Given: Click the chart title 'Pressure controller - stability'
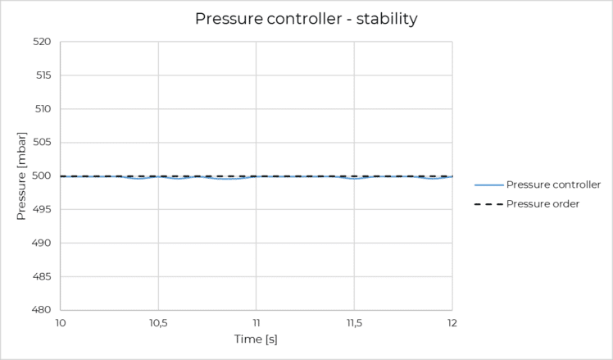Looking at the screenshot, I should point(306,18).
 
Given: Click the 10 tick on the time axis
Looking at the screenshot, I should point(61,324).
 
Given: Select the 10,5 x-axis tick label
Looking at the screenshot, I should point(158,324).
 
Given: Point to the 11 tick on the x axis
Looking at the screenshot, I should point(257,324).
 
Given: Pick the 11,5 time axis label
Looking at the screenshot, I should point(354,324).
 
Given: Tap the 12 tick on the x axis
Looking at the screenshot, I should point(452,324).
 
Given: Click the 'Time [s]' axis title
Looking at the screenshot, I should point(256,339).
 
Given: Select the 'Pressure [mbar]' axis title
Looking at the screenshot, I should point(22,176).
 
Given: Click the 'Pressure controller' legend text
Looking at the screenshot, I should point(553,185).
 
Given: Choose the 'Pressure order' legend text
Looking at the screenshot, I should point(543,203).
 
